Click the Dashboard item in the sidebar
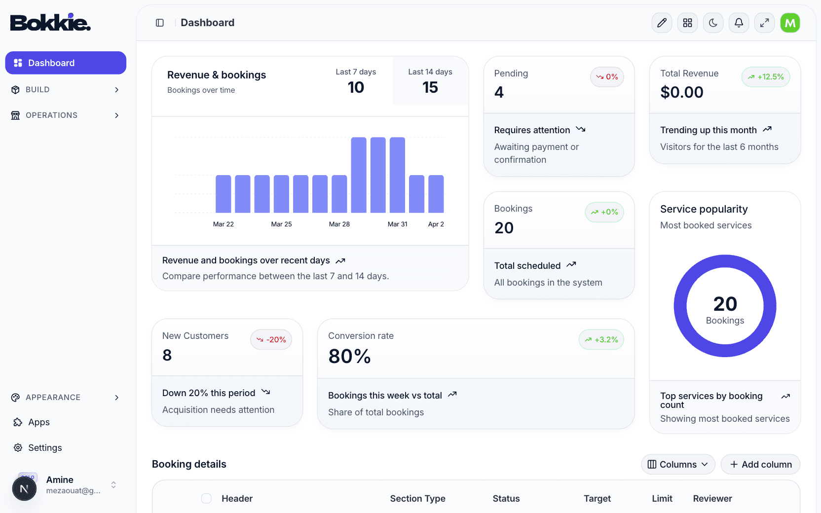point(65,63)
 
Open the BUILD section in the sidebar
point(65,90)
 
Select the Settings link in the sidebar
point(45,448)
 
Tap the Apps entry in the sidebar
point(38,422)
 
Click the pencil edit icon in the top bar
point(662,23)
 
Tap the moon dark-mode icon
point(713,23)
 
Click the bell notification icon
point(739,23)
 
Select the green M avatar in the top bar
point(790,23)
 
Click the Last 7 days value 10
point(356,87)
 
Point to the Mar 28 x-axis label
point(339,224)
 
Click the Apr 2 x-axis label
point(436,224)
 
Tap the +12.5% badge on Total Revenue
point(766,77)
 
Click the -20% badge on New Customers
point(271,340)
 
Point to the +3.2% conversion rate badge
point(601,340)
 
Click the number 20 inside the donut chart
point(725,304)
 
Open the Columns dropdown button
point(677,464)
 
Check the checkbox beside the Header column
point(206,498)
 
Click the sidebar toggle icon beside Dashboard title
point(160,23)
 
